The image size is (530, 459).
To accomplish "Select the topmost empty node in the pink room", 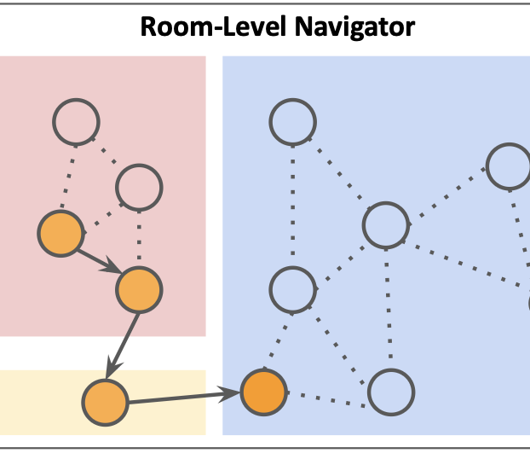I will click(x=76, y=122).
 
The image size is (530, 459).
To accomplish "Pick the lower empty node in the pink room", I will click(x=139, y=185).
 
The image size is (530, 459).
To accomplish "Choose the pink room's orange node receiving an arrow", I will click(x=139, y=290).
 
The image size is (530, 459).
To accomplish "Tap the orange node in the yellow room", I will click(x=106, y=400).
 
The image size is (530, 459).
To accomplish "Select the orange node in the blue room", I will click(x=262, y=392).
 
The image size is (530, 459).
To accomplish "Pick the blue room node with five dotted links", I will click(x=386, y=225).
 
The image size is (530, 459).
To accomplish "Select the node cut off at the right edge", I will click(x=510, y=166).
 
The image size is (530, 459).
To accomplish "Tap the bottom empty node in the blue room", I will click(x=391, y=392).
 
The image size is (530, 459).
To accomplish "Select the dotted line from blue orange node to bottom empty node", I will click(x=326, y=393).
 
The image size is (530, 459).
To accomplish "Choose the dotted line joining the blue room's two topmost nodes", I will click(x=338, y=172).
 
